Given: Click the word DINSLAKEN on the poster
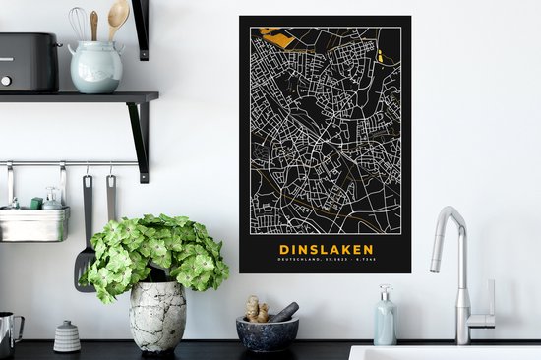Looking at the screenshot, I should (325, 250).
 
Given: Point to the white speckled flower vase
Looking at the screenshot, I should (157, 315).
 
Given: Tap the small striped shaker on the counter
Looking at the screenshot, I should (67, 336).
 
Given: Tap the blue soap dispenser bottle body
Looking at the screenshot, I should (385, 325).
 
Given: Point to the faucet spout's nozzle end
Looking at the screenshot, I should (436, 266).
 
